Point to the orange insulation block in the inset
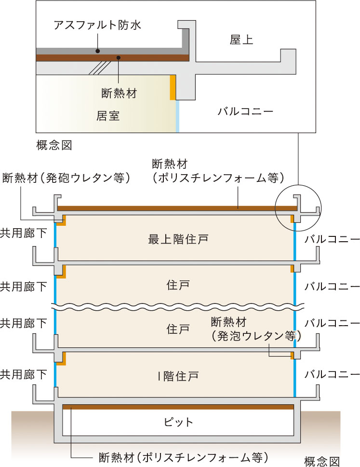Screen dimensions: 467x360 point(173,87)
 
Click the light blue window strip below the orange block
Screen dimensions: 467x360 point(177,116)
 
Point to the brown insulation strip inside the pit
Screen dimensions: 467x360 point(178,407)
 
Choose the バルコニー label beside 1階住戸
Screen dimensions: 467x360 point(332,374)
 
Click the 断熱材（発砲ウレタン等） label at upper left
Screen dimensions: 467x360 point(67,178)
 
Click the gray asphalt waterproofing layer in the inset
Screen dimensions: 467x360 point(111,51)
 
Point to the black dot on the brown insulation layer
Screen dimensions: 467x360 point(118,58)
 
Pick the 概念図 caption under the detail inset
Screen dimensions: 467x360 point(54,145)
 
